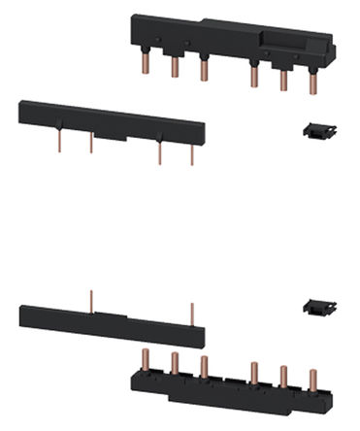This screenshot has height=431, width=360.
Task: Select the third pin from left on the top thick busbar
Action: point(203,70)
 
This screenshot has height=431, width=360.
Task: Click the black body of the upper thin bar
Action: point(107,115)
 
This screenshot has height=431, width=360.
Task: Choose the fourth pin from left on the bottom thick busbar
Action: point(255,372)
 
